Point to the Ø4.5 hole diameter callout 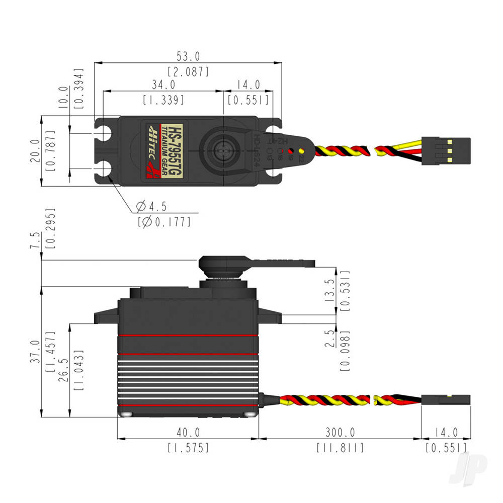point(151,206)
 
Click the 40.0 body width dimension point(188,432)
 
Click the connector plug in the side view point(446,400)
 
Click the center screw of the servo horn point(222,149)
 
